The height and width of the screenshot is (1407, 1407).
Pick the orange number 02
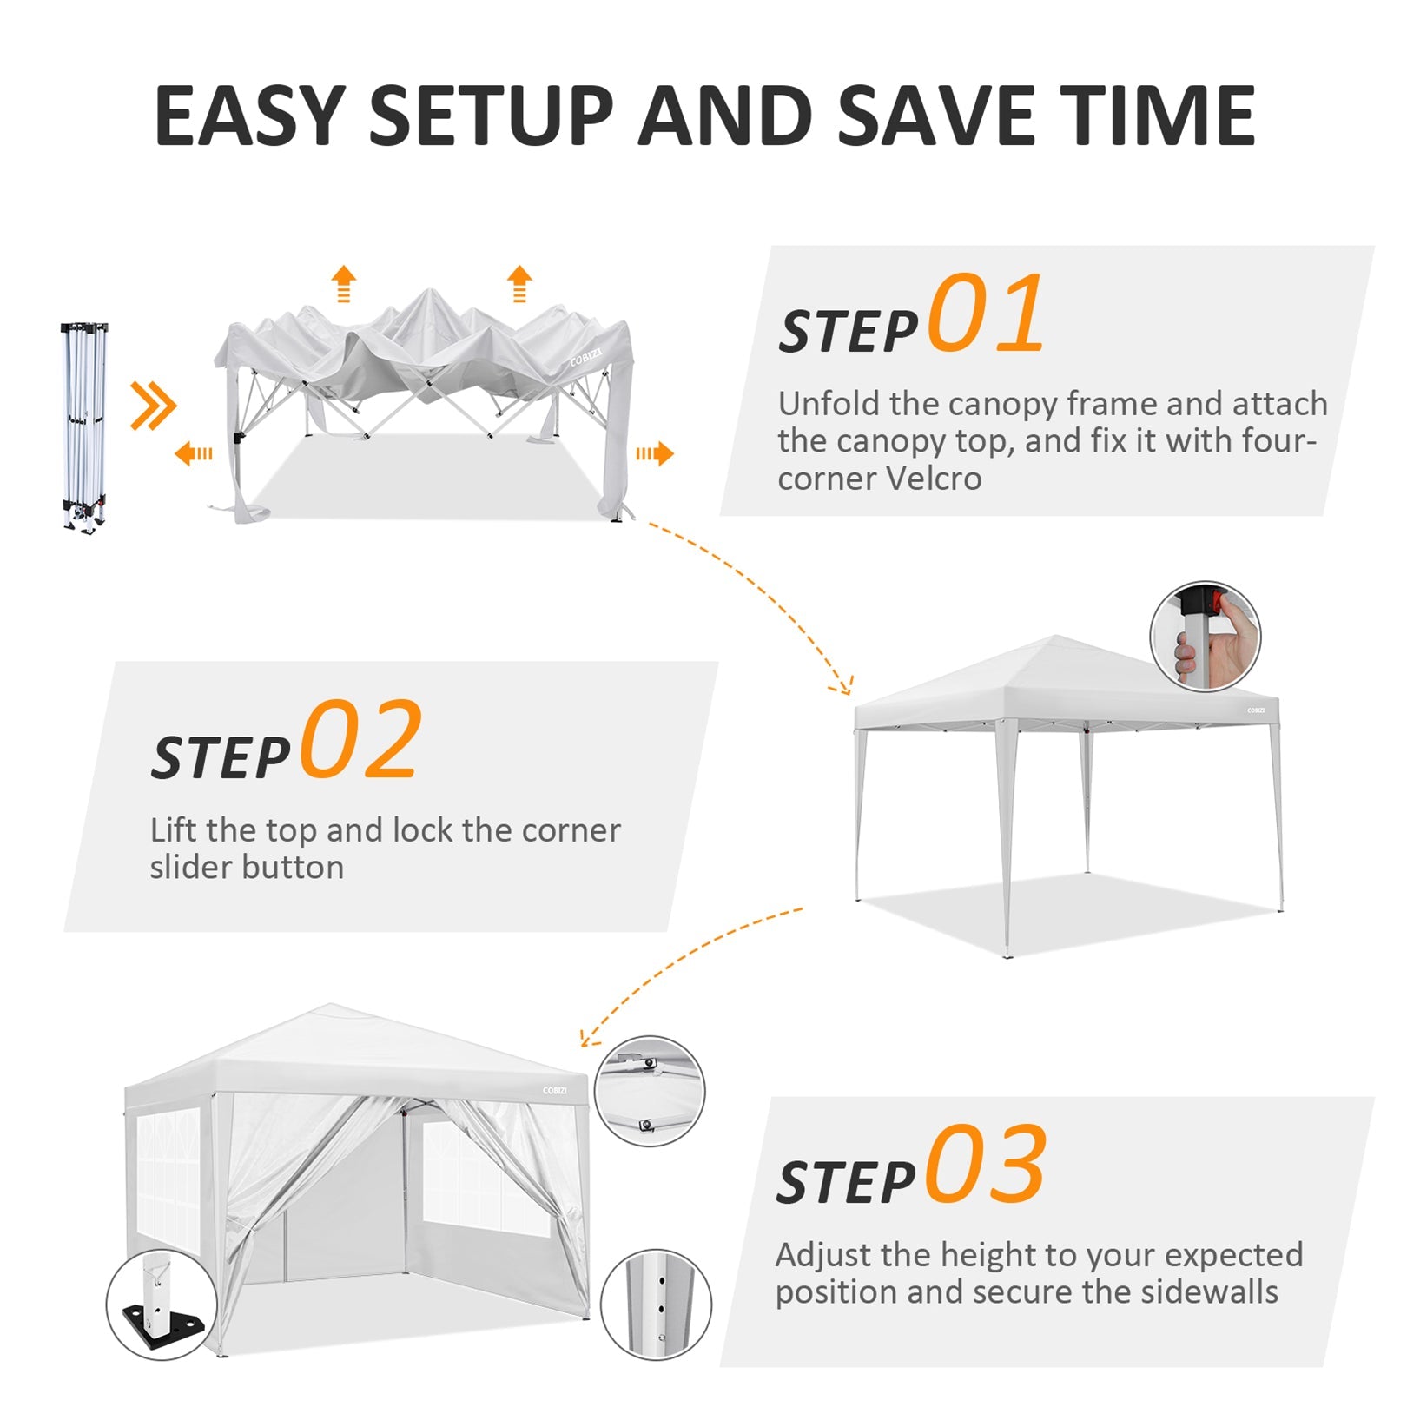click(361, 739)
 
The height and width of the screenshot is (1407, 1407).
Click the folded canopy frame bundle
click(84, 426)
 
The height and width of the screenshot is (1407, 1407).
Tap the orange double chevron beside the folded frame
click(153, 406)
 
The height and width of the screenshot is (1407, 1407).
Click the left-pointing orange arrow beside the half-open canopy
click(193, 453)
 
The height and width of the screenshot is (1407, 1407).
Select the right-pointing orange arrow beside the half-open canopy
click(655, 453)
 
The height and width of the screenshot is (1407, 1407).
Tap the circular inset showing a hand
click(1205, 637)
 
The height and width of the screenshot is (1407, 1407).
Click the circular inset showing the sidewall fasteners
click(649, 1091)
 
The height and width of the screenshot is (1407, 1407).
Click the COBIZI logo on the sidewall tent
click(554, 1091)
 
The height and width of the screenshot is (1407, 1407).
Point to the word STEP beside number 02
click(220, 758)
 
